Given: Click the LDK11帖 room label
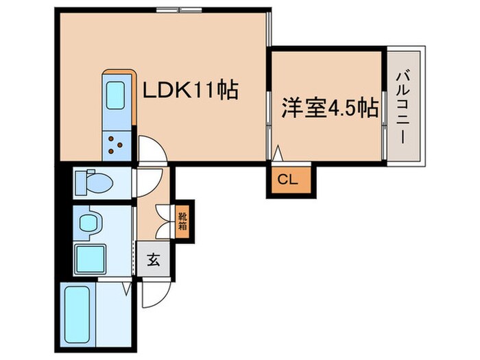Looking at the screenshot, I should (x=190, y=89).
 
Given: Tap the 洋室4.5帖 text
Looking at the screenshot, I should (x=329, y=108).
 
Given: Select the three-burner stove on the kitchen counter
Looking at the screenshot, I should (x=114, y=145).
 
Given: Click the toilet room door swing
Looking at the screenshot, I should (x=147, y=182).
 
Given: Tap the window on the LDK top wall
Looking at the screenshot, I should (x=179, y=10).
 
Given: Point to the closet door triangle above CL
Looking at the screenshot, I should (x=278, y=154).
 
